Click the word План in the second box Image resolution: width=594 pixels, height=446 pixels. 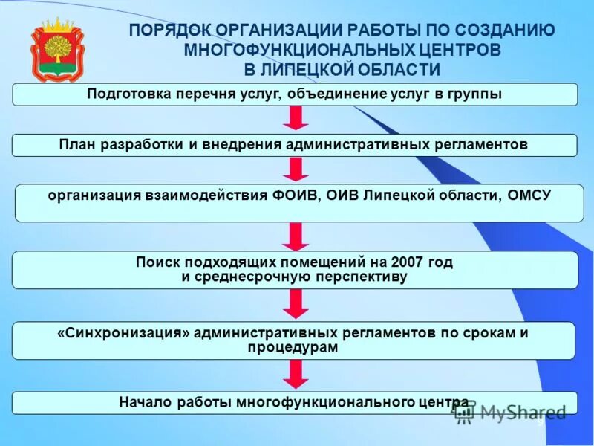click(76, 144)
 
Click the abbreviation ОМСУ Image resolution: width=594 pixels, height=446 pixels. click(526, 195)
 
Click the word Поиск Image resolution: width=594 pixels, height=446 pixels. click(155, 262)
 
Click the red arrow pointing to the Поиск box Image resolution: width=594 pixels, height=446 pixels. click(296, 236)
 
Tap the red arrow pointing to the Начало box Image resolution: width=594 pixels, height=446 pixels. click(296, 374)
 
